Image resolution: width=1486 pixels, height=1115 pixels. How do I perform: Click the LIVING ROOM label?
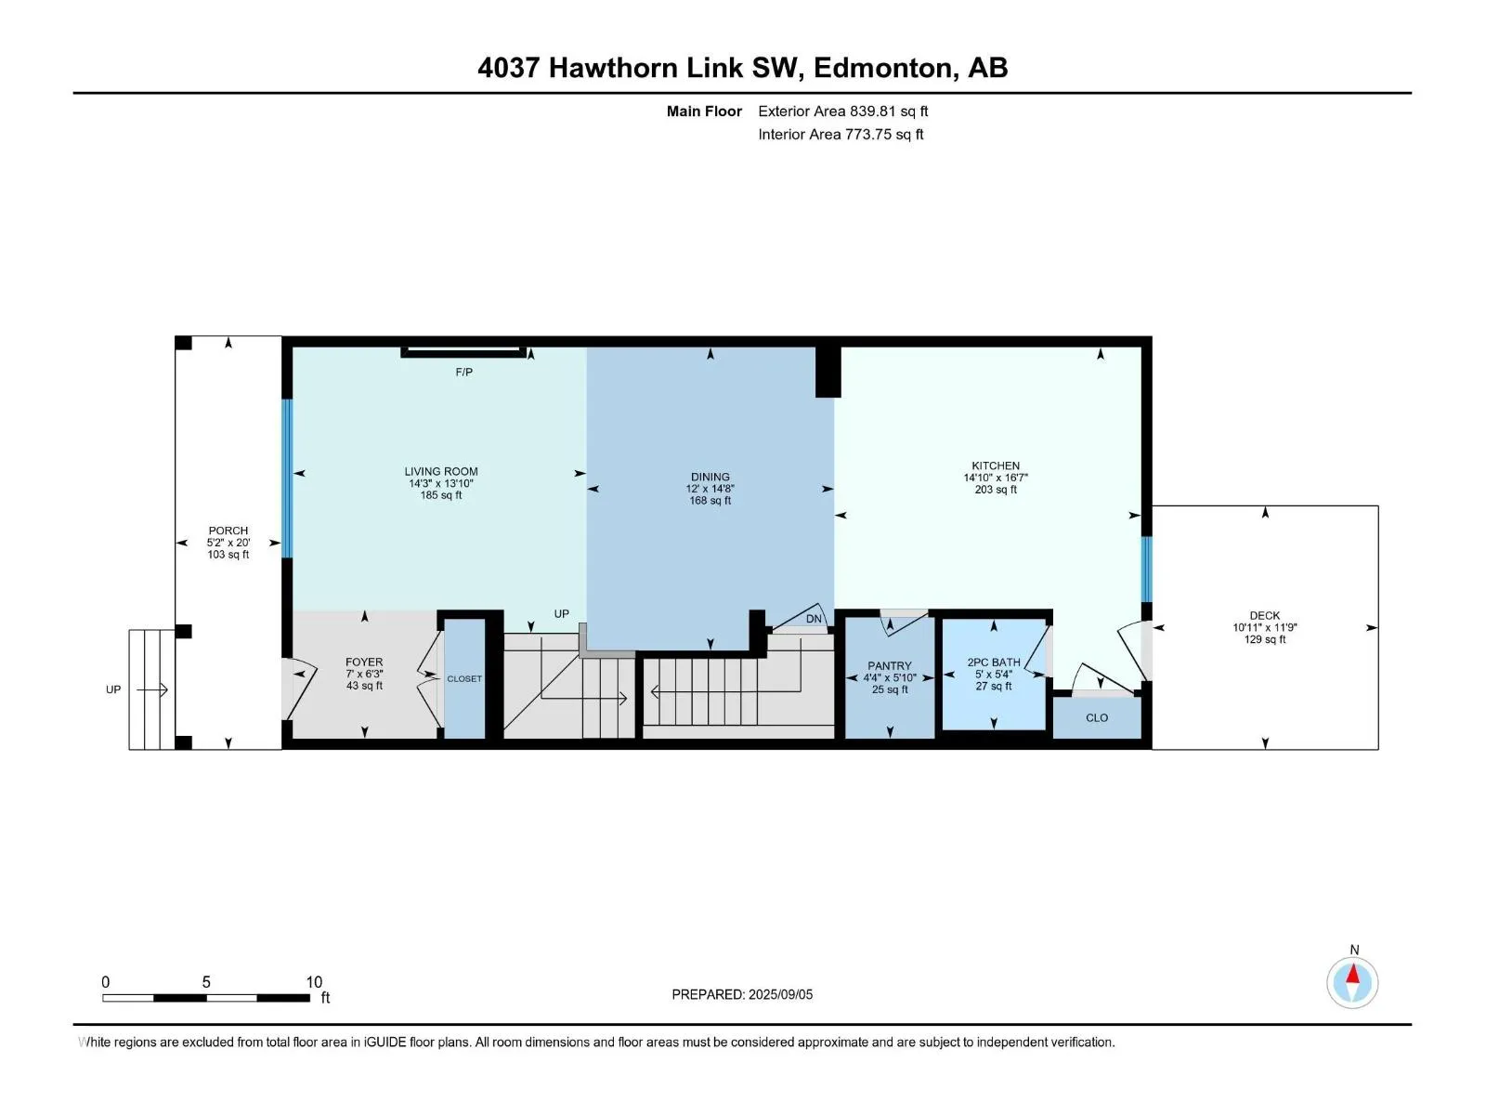[x=441, y=471]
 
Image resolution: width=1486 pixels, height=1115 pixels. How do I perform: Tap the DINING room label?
[x=710, y=477]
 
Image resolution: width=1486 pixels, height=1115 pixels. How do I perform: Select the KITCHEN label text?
[x=996, y=466]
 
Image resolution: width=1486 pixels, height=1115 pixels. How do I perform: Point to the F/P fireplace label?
[x=463, y=373]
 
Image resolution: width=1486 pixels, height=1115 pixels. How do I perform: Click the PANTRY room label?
[x=890, y=665]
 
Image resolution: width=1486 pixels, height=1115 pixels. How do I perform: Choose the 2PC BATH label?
[x=993, y=662]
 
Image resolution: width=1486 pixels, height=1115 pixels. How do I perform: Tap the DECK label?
[x=1265, y=615]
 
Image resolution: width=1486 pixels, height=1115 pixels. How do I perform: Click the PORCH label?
[x=228, y=530]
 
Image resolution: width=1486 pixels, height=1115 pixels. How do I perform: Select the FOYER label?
[x=364, y=662]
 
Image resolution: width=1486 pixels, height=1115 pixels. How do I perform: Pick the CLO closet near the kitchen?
[x=1097, y=717]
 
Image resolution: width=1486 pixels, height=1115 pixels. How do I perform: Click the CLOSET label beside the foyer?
[x=464, y=678]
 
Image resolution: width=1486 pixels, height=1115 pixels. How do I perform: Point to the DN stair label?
[x=814, y=619]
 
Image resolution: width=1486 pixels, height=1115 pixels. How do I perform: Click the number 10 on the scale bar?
[x=314, y=981]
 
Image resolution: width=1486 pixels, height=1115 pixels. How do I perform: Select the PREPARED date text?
[x=742, y=994]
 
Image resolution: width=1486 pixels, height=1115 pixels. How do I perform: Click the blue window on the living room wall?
[x=287, y=478]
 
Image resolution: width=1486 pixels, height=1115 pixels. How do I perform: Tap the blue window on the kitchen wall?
[x=1147, y=570]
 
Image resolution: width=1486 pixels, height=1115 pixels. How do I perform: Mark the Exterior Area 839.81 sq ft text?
[x=843, y=111]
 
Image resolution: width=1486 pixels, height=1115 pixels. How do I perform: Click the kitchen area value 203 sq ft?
[x=996, y=490]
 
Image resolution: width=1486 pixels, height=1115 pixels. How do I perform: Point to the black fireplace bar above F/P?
[x=463, y=352]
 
